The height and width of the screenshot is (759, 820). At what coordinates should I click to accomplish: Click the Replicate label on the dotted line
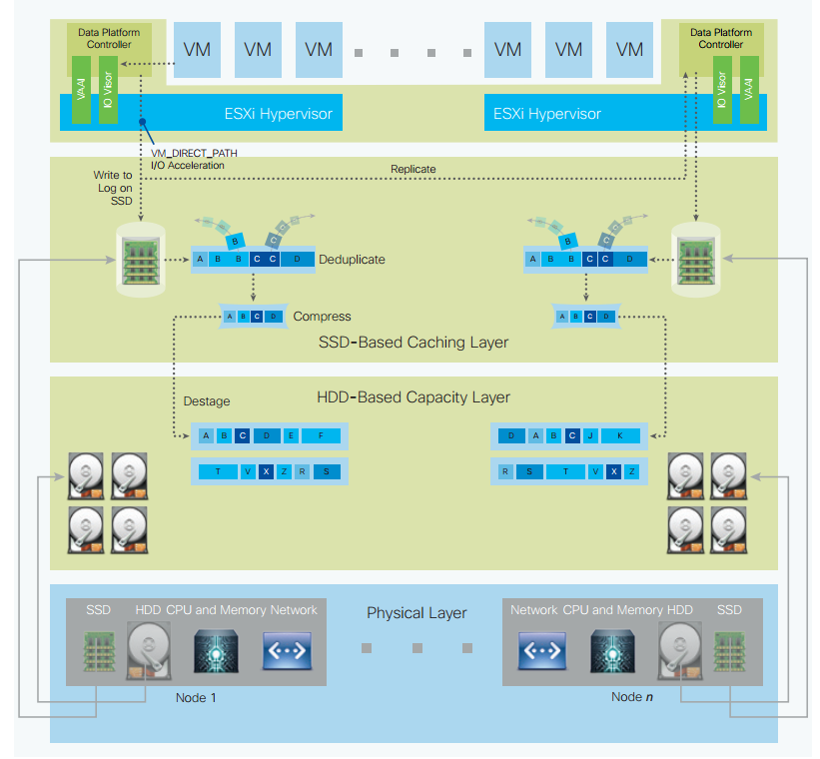pyautogui.click(x=414, y=169)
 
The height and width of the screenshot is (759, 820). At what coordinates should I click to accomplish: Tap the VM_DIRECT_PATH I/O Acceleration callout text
pyautogui.click(x=194, y=158)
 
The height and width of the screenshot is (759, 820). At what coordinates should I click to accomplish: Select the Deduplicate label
pyautogui.click(x=352, y=260)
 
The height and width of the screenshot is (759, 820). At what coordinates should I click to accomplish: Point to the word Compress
pyautogui.click(x=322, y=317)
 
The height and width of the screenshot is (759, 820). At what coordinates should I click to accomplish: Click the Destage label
pyautogui.click(x=207, y=401)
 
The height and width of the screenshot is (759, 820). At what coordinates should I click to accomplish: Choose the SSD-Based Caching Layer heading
pyautogui.click(x=413, y=343)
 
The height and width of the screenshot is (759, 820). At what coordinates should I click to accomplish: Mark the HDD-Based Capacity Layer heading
pyautogui.click(x=413, y=397)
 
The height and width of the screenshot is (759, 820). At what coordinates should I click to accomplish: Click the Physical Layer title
pyautogui.click(x=416, y=612)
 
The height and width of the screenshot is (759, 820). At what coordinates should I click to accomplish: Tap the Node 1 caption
pyautogui.click(x=196, y=697)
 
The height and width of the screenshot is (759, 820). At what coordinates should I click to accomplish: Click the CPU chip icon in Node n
pyautogui.click(x=609, y=650)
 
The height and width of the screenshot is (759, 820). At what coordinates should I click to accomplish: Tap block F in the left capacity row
pyautogui.click(x=320, y=436)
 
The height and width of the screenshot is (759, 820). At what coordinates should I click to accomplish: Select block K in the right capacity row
pyautogui.click(x=619, y=436)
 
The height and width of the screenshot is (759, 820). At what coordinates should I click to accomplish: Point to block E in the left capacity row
pyautogui.click(x=291, y=436)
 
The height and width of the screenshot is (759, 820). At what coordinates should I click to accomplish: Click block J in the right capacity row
pyautogui.click(x=590, y=436)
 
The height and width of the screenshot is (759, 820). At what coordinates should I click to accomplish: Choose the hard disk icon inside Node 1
pyautogui.click(x=148, y=650)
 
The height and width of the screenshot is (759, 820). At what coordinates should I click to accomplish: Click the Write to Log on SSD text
pyautogui.click(x=113, y=188)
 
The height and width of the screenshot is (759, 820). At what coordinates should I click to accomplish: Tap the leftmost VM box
pyautogui.click(x=197, y=48)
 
